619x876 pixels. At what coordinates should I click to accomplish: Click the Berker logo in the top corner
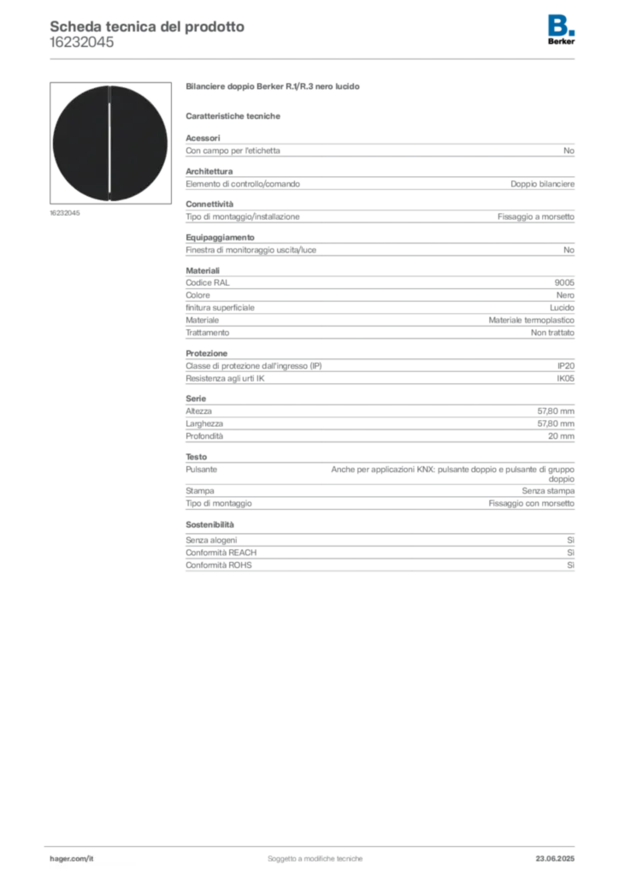[561, 30]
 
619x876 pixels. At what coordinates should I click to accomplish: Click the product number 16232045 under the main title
[81, 43]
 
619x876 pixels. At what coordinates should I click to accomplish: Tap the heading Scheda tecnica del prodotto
[147, 27]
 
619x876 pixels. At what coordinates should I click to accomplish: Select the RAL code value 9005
[564, 282]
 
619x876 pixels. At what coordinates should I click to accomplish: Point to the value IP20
[565, 366]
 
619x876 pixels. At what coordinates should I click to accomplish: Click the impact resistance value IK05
[565, 378]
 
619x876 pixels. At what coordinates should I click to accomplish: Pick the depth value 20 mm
[561, 435]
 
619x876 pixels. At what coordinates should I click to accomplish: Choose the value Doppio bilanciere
[542, 184]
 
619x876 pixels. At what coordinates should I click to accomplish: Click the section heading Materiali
[203, 270]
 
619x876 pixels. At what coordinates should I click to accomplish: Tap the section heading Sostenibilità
[209, 524]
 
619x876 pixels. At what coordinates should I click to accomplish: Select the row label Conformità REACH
[221, 553]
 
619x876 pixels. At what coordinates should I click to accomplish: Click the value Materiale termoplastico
[532, 320]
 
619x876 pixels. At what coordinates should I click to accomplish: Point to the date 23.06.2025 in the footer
[555, 859]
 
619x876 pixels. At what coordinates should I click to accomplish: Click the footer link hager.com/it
[72, 859]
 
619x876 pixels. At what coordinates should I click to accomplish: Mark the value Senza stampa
[548, 490]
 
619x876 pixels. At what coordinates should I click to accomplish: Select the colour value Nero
[565, 295]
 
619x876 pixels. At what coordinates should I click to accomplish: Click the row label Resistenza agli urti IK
[225, 378]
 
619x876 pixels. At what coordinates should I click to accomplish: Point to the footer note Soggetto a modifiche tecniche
[315, 859]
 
